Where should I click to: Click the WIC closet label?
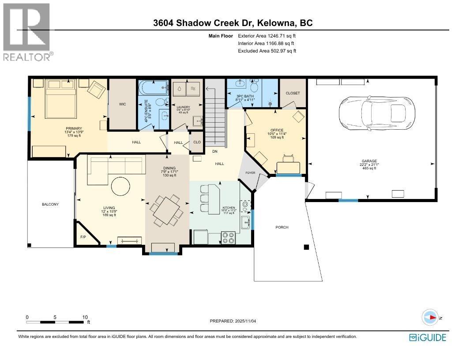pyautogui.click(x=123, y=105)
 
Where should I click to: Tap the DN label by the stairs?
pyautogui.click(x=215, y=151)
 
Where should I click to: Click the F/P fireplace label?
pyautogui.click(x=83, y=237)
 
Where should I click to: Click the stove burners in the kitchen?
pyautogui.click(x=229, y=238)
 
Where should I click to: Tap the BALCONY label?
pyautogui.click(x=50, y=204)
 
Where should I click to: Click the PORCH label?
pyautogui.click(x=282, y=227)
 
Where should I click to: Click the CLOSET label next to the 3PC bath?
pyautogui.click(x=293, y=93)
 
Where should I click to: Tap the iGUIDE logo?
pyautogui.click(x=428, y=337)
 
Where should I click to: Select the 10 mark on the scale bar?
pyautogui.click(x=85, y=317)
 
